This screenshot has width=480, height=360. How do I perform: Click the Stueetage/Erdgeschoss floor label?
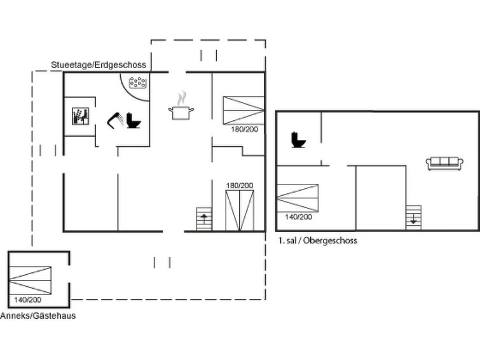click(x=99, y=65)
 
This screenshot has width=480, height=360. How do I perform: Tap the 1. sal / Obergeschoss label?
click(x=317, y=240)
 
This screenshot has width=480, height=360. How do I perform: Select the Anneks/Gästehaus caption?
click(x=38, y=315)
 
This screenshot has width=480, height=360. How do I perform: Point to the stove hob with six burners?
click(x=138, y=83)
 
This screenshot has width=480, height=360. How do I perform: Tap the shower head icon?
click(x=115, y=118)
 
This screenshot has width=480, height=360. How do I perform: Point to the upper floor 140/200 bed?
click(x=297, y=198)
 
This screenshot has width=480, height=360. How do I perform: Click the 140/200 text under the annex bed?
click(x=27, y=300)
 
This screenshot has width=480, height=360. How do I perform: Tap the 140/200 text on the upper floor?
click(x=298, y=217)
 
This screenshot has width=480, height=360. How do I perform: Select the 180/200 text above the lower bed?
click(x=240, y=186)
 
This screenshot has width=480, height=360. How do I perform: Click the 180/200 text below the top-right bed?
click(x=245, y=129)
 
